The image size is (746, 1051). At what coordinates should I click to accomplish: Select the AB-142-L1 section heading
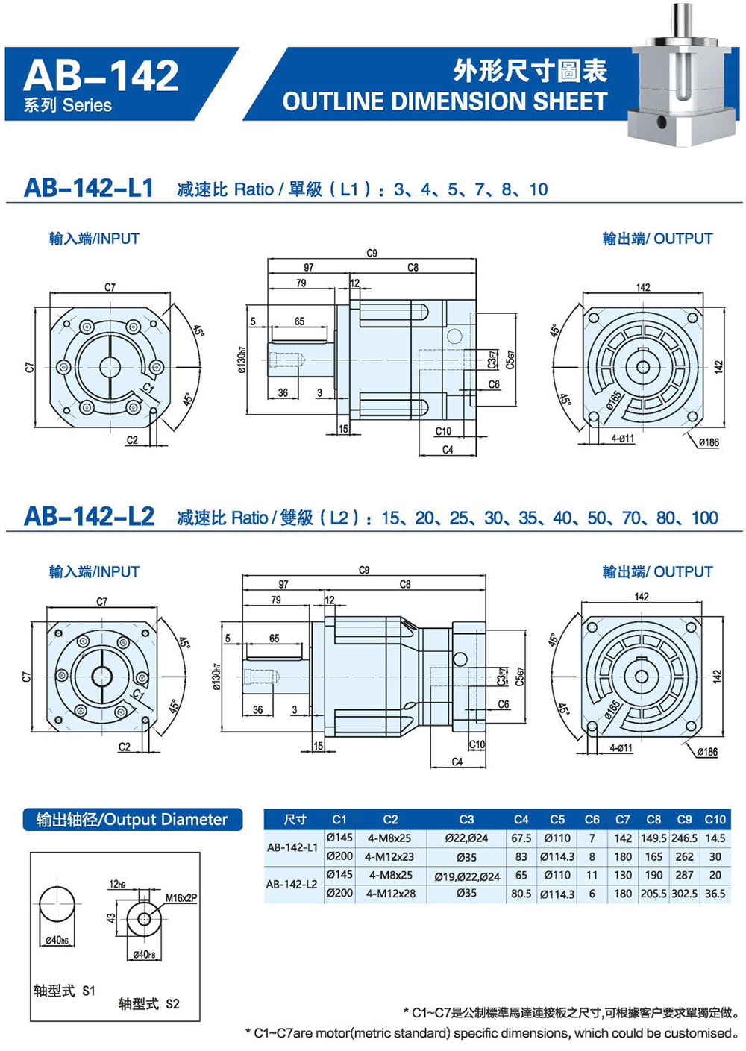click(x=89, y=188)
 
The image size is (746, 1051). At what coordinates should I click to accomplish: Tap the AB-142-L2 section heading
click(x=90, y=517)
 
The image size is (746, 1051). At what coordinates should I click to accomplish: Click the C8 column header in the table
click(x=653, y=819)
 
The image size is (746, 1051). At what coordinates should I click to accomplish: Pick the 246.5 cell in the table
click(x=684, y=838)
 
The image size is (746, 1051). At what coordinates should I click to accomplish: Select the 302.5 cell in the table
click(x=684, y=894)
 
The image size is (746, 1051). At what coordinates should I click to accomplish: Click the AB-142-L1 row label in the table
click(x=292, y=847)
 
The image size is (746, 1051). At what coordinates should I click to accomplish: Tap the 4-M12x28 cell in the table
click(x=390, y=894)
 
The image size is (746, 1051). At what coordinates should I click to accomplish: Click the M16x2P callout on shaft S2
click(x=181, y=898)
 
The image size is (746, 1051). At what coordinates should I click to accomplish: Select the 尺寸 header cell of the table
click(x=295, y=819)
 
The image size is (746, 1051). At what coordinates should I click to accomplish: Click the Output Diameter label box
click(x=132, y=820)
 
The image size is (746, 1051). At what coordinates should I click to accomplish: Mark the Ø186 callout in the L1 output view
click(x=708, y=442)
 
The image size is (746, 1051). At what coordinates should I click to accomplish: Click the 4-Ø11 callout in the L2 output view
click(x=621, y=748)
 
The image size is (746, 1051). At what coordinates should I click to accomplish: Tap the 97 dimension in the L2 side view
click(x=283, y=584)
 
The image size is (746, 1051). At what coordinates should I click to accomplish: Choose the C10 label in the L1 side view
click(x=443, y=431)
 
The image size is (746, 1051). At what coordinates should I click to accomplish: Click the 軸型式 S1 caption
click(x=65, y=991)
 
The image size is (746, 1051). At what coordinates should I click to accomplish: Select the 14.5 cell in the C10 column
click(x=715, y=838)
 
